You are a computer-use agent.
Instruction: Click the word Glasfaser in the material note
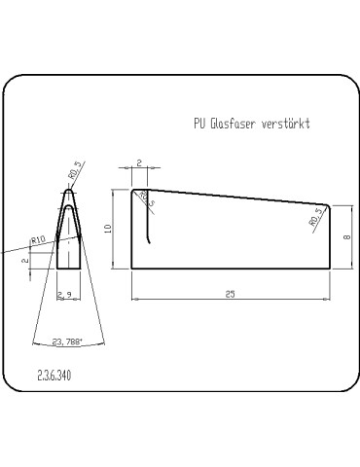[233, 125]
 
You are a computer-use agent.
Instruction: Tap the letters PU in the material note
[199, 125]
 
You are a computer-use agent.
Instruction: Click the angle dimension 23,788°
[67, 341]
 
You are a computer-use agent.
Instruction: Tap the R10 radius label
[39, 238]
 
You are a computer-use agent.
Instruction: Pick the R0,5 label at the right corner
[315, 216]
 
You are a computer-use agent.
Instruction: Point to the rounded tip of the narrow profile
[67, 191]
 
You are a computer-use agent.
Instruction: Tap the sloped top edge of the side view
[234, 197]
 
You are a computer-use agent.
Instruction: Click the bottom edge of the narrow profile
[67, 269]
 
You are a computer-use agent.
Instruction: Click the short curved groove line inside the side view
[149, 229]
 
